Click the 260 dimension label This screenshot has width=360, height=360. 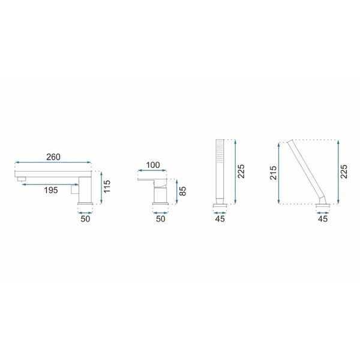[53, 157]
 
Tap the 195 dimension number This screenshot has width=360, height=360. [51, 190]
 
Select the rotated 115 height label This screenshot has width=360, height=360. [107, 187]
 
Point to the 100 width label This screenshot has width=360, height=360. [153, 165]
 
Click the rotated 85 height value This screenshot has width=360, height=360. [182, 191]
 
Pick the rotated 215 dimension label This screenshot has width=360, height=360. [273, 173]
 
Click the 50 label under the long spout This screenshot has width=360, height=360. [85, 219]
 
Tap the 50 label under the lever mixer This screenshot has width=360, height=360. [160, 219]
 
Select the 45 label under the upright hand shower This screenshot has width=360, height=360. [220, 219]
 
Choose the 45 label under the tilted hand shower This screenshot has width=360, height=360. [323, 219]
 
